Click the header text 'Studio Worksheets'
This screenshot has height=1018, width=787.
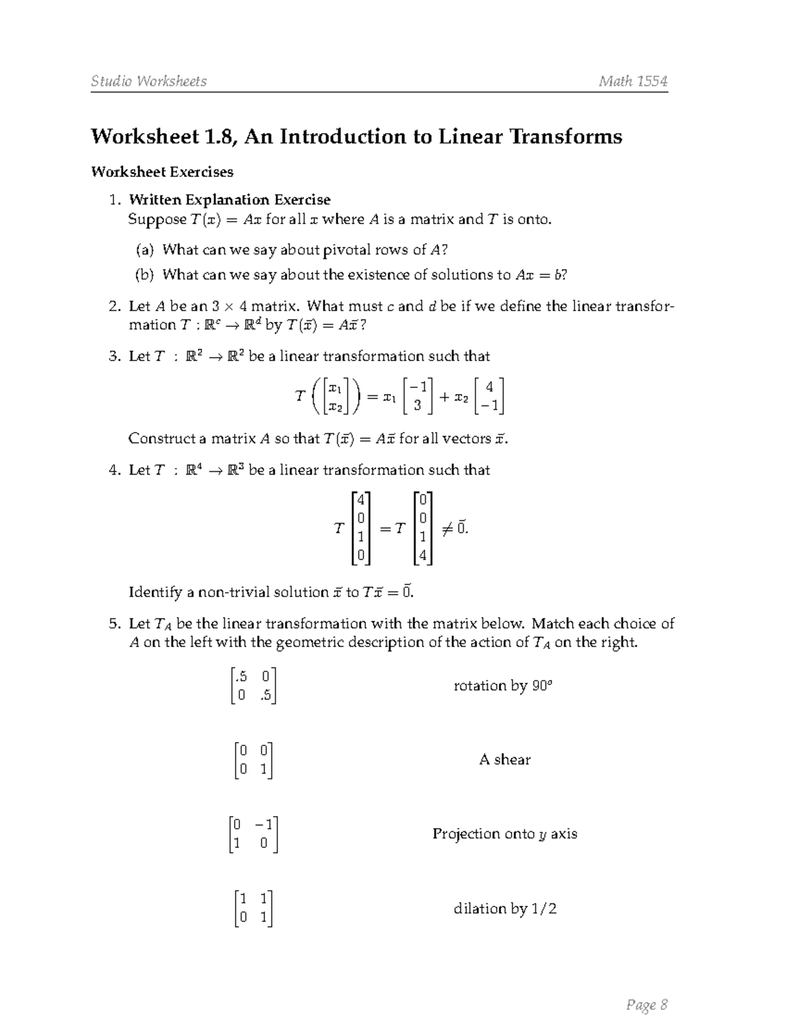(149, 81)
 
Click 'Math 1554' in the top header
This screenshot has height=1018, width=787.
(633, 81)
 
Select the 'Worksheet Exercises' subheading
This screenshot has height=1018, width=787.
(162, 172)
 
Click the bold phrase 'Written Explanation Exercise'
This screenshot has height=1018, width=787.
(230, 199)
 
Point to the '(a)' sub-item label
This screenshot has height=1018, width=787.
(144, 250)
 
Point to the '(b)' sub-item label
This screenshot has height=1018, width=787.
(144, 275)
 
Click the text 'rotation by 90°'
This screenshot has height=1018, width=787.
(504, 686)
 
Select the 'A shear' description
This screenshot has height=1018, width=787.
(504, 760)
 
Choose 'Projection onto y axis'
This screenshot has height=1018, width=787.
(504, 834)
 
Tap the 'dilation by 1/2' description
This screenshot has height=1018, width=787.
(504, 909)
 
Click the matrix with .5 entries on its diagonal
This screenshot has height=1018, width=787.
(253, 686)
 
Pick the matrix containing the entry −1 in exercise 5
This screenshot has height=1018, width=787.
(254, 834)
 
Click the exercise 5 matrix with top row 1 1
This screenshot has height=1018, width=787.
(253, 909)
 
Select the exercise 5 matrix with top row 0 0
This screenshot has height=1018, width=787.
(253, 760)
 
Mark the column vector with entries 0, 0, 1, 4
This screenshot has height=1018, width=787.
(423, 528)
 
